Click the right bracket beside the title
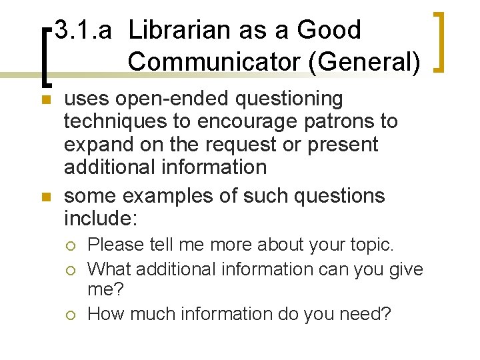click(x=439, y=41)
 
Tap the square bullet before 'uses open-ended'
click(x=46, y=100)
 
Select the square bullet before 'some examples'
click(x=46, y=197)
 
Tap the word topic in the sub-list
click(x=369, y=245)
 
